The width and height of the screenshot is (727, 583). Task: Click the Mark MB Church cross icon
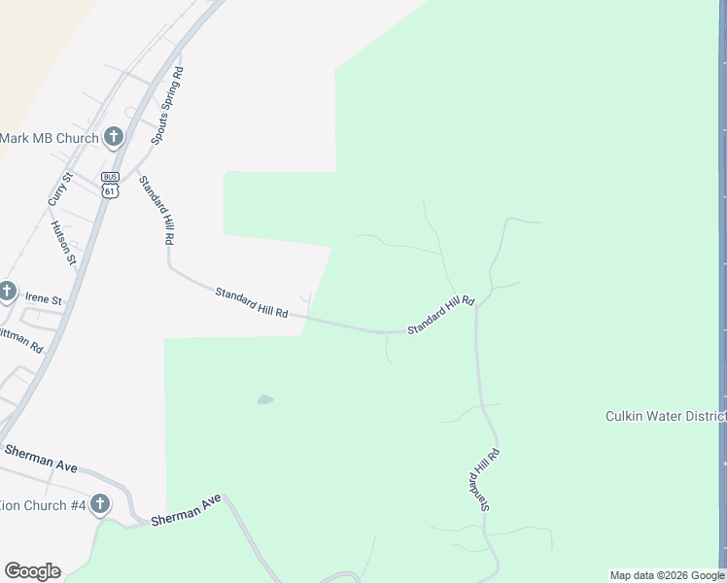114,137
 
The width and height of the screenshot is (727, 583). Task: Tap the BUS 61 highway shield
110,185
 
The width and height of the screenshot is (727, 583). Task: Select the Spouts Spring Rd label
166,107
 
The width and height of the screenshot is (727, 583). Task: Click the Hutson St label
63,242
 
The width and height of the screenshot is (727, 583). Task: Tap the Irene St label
43,300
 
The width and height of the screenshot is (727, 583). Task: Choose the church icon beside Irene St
8,291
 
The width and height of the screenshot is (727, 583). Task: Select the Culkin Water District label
666,416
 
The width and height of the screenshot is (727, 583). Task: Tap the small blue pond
265,399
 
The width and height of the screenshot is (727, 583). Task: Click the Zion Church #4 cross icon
100,504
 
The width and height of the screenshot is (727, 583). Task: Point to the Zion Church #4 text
43,505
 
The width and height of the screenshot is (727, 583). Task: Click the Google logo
32,571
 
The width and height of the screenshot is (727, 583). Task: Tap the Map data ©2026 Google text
667,575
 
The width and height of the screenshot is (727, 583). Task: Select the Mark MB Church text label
49,138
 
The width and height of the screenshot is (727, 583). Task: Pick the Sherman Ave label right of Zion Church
187,512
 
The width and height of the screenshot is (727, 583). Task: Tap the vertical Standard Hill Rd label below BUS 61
156,209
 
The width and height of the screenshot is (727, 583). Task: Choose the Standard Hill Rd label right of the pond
440,316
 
